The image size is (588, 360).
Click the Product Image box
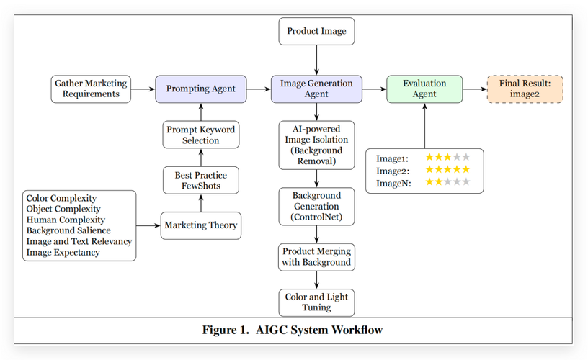click(x=316, y=31)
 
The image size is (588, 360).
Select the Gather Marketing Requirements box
click(x=91, y=89)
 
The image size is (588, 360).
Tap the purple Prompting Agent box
click(x=201, y=89)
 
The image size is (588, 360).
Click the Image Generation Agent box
click(x=316, y=89)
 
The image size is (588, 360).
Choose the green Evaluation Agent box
click(x=424, y=89)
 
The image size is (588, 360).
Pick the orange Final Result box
click(x=525, y=89)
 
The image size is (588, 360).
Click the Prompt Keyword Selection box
click(x=200, y=135)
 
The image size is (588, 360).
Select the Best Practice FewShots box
click(x=200, y=180)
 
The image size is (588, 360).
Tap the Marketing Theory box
click(x=200, y=225)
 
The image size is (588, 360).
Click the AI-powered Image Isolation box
click(x=316, y=145)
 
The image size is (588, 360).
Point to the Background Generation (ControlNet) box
click(x=316, y=206)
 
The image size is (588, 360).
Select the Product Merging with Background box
click(x=316, y=256)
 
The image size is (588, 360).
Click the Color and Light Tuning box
click(x=316, y=302)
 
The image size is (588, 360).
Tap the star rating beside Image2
click(x=447, y=170)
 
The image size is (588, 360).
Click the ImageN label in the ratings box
click(x=393, y=183)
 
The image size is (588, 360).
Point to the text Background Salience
click(x=68, y=230)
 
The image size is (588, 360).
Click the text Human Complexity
click(x=66, y=220)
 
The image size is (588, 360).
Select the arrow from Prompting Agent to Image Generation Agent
click(x=259, y=89)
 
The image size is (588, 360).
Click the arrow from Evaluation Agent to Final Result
click(x=473, y=89)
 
